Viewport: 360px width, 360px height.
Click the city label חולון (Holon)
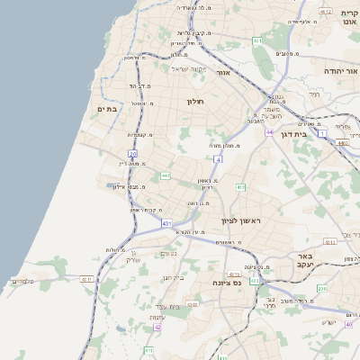[195, 102]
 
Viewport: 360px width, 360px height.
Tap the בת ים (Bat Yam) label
[107, 109]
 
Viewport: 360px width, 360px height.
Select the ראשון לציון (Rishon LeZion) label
[240, 220]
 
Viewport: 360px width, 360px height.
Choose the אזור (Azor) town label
[225, 71]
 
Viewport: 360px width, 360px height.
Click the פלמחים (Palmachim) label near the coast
[23, 282]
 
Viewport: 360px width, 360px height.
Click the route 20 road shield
[132, 154]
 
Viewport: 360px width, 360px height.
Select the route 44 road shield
[269, 132]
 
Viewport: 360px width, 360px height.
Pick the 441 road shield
[166, 175]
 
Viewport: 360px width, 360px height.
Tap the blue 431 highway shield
[166, 222]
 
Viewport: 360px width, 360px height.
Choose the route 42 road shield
[157, 328]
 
